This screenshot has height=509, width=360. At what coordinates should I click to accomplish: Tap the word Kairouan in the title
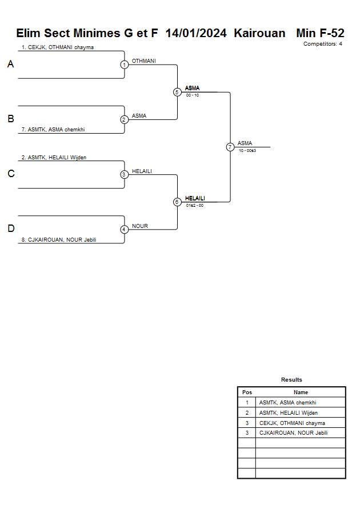coord(259,33)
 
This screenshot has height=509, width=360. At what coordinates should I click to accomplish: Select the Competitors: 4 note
coord(323,43)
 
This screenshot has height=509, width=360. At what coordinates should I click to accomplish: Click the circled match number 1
coord(124,65)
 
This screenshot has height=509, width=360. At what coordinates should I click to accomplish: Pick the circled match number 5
coord(177,92)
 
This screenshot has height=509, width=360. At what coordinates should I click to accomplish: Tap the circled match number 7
coord(230,147)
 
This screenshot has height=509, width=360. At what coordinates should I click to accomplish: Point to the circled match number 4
coord(124,230)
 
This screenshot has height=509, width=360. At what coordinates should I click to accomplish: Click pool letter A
coord(10,65)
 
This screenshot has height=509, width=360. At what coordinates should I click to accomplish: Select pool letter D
coord(10,229)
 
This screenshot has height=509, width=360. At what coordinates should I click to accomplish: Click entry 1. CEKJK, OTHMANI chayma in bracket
coord(57,47)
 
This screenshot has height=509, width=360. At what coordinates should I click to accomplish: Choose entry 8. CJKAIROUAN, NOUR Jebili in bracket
coord(58,240)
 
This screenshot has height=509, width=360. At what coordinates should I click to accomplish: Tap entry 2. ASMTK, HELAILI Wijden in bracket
coord(54,157)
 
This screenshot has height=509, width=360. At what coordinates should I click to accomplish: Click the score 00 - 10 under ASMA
coord(193,95)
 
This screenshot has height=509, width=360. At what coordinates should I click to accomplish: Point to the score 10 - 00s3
coord(247,150)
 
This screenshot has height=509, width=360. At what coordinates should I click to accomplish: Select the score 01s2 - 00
coord(194,205)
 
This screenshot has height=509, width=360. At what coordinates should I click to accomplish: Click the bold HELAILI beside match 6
coord(195,198)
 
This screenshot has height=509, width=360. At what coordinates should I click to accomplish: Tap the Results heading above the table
coord(291,380)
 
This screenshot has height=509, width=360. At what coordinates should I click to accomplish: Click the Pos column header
coord(247,392)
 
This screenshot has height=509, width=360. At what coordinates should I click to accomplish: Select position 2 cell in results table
coord(247,412)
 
